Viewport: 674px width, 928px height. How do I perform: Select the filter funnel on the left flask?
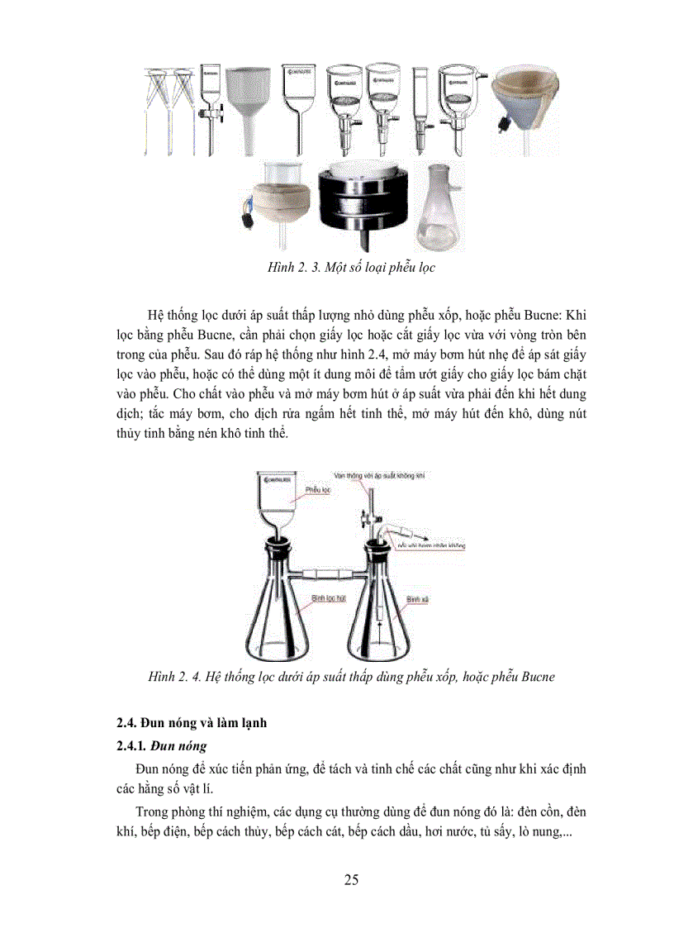point(277,504)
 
